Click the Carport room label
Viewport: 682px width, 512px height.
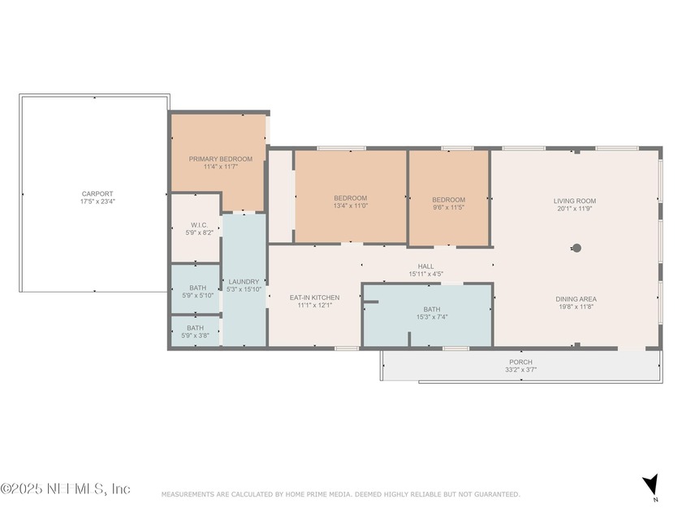pyautogui.click(x=97, y=193)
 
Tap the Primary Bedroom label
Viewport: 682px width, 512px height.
pyautogui.click(x=221, y=159)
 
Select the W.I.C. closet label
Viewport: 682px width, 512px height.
pyautogui.click(x=199, y=225)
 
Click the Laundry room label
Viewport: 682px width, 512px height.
pyautogui.click(x=244, y=282)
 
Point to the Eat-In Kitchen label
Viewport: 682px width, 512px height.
pyautogui.click(x=314, y=297)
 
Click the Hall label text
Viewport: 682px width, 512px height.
pyautogui.click(x=425, y=266)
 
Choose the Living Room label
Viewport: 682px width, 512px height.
pyautogui.click(x=575, y=201)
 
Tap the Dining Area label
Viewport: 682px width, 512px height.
pyautogui.click(x=576, y=299)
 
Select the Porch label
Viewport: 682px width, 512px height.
pyautogui.click(x=520, y=362)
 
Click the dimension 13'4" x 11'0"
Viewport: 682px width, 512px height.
pyautogui.click(x=351, y=206)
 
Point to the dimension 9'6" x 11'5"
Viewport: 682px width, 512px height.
pyautogui.click(x=448, y=207)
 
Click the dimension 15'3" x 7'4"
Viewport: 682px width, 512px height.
pyautogui.click(x=432, y=317)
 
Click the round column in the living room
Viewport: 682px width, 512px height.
pyautogui.click(x=576, y=248)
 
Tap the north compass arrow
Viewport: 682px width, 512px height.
pyautogui.click(x=650, y=484)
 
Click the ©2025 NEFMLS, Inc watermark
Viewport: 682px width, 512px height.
pyautogui.click(x=65, y=488)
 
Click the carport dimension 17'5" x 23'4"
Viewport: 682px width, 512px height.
pyautogui.click(x=97, y=202)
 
